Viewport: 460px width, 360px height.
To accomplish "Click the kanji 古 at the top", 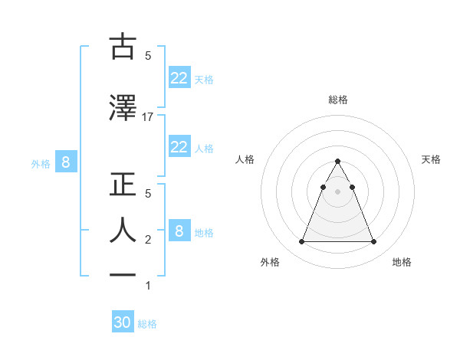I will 122,47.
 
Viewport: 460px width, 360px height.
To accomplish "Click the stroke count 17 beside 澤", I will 148,117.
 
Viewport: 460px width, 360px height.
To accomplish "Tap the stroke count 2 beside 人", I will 148,240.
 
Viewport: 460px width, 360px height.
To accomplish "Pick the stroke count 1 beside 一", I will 148,286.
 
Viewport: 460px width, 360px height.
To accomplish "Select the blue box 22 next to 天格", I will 179,77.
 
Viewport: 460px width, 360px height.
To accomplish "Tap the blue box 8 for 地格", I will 179,231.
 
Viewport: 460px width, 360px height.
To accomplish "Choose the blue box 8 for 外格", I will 66,162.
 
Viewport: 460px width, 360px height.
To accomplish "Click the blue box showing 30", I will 123,322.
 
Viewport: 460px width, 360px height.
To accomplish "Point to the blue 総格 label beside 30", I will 147,324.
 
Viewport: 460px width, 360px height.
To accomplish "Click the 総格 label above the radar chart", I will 337,100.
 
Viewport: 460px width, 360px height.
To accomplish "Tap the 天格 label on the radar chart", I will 432,159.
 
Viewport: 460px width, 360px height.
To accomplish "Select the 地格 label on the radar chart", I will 402,262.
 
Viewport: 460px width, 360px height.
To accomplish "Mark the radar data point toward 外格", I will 301,242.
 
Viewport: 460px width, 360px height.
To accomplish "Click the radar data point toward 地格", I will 373,242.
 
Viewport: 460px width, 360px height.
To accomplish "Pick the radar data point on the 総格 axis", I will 337,162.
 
